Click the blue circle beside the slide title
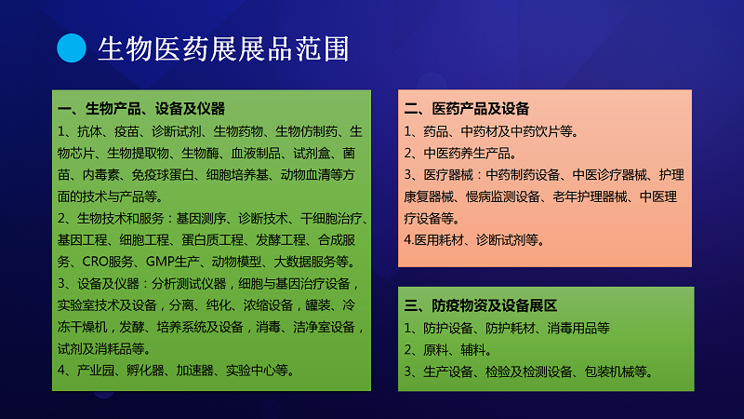72,48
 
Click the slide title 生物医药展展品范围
223,48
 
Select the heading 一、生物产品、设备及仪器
141,109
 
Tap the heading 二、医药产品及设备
467,109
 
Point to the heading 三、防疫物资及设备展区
480,305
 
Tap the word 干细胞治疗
331,219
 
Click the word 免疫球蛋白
162,175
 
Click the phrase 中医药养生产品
467,153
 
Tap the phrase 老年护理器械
590,196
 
